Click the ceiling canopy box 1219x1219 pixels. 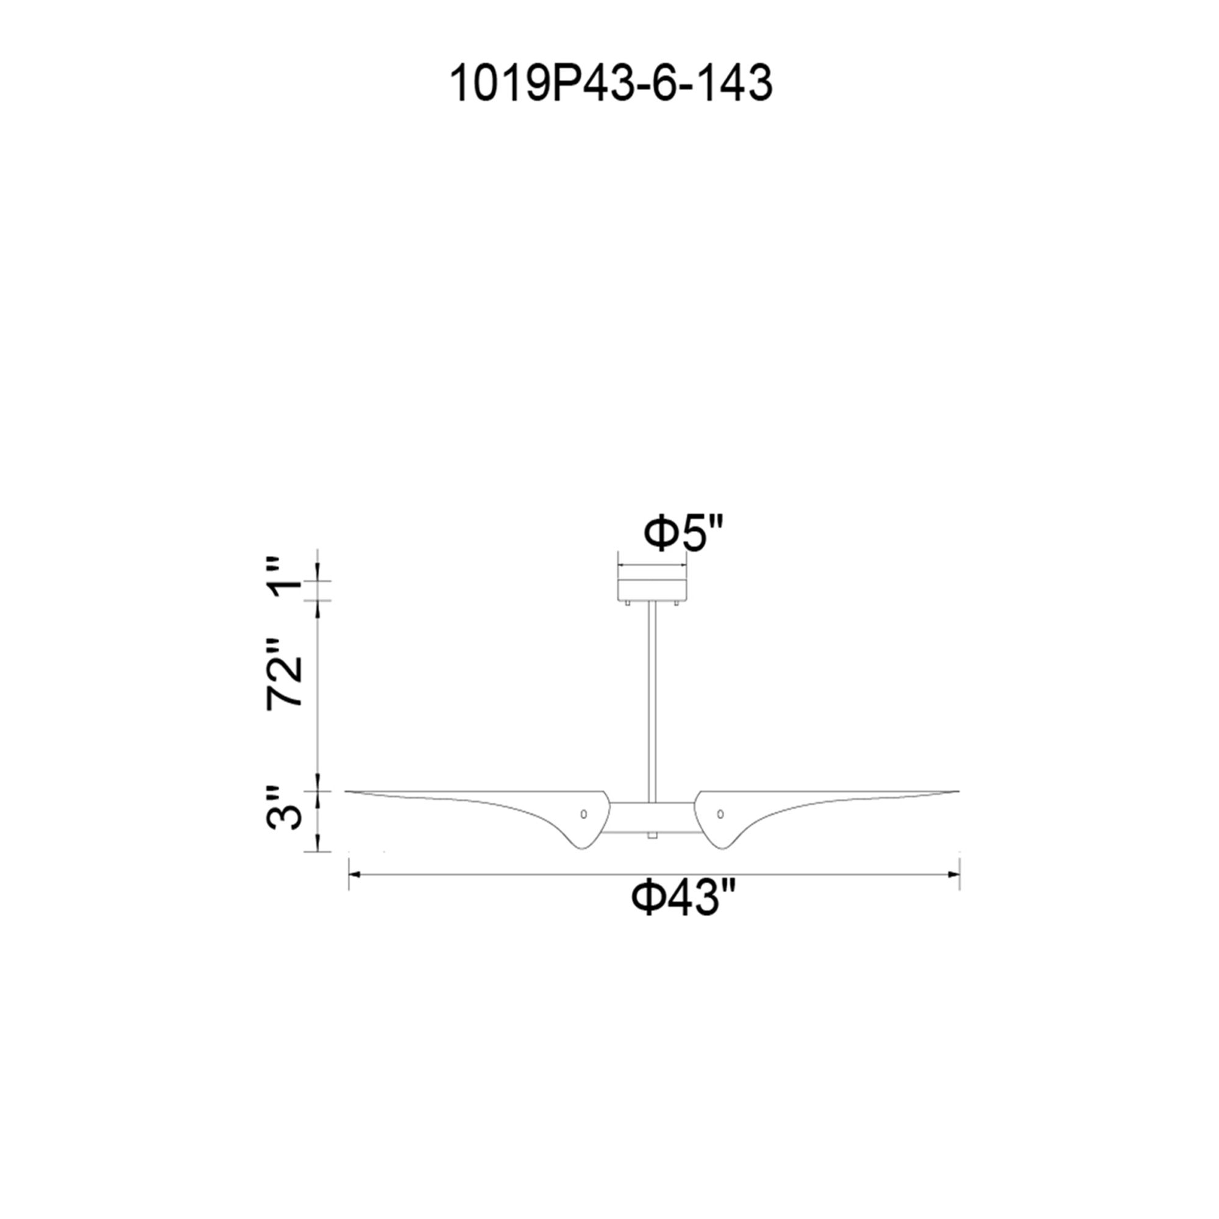tap(652, 585)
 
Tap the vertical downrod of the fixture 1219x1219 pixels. tap(652, 700)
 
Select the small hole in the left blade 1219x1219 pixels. tap(584, 813)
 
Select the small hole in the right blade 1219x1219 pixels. tap(720, 813)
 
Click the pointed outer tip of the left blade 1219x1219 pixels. tap(346, 791)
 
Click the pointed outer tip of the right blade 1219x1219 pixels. tap(957, 791)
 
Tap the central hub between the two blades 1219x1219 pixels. tap(652, 818)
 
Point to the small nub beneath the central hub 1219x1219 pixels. tap(652, 836)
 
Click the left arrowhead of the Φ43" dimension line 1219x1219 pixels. tap(354, 875)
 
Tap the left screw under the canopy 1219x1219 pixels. tap(628, 603)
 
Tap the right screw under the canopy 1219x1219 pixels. tap(677, 603)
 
